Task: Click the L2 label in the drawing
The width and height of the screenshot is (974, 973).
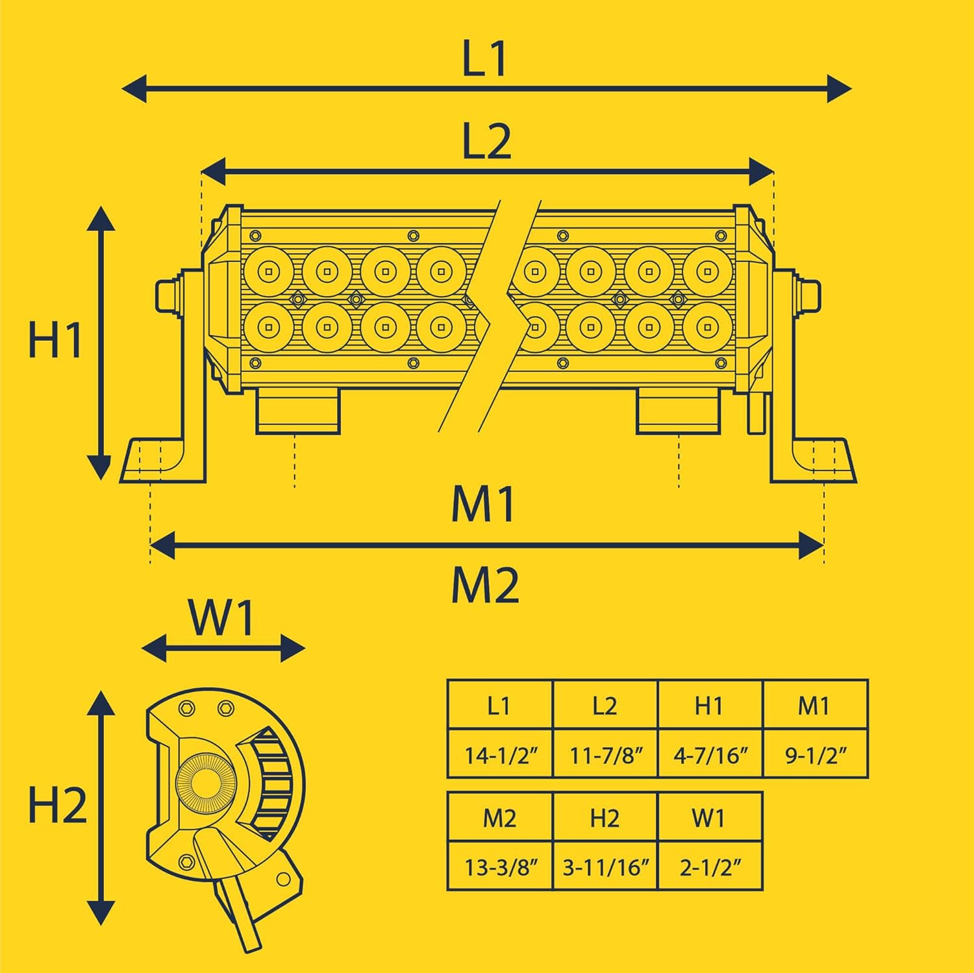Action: click(x=486, y=142)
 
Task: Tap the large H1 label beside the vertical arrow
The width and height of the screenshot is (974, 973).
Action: click(x=56, y=339)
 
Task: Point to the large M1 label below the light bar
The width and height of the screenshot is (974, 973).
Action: click(x=484, y=504)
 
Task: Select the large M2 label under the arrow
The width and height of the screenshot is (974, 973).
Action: click(x=485, y=585)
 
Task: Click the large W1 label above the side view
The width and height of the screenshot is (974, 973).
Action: click(x=221, y=618)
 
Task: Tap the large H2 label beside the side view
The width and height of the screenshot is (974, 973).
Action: click(x=57, y=807)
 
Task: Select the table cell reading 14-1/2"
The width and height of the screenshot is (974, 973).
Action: click(x=500, y=755)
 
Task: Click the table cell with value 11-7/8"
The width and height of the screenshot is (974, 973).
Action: click(x=605, y=755)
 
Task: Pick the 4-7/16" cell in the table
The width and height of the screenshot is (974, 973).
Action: click(x=710, y=755)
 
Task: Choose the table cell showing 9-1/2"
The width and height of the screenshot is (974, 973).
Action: click(x=816, y=755)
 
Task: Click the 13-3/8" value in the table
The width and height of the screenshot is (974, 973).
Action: click(x=500, y=867)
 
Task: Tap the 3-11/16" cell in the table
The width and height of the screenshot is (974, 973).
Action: click(x=605, y=867)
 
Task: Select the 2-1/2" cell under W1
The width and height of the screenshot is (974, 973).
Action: click(x=710, y=867)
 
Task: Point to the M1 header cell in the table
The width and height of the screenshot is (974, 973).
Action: click(x=816, y=706)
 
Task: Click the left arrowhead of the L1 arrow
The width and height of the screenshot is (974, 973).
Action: click(x=134, y=88)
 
